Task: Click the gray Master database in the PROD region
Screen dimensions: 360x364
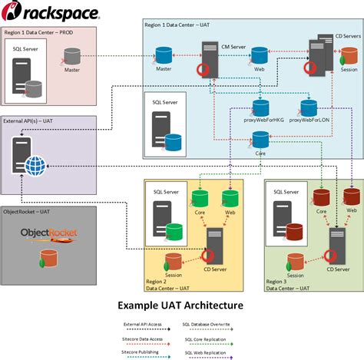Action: [x=72, y=55]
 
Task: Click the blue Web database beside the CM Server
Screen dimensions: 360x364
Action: [x=260, y=54]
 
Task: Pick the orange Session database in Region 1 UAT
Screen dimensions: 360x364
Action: [x=348, y=55]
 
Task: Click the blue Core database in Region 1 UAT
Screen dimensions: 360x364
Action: [x=260, y=140]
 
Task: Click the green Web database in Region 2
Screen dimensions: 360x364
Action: [x=230, y=197]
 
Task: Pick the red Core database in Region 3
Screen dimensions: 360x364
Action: [x=322, y=197]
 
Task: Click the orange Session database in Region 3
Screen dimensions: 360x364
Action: [x=295, y=259]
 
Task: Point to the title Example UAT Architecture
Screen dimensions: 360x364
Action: [x=180, y=305]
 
